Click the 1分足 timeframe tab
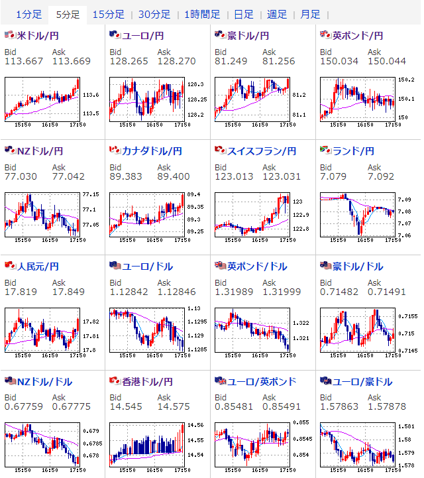coord(28,14)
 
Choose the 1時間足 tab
coord(202,14)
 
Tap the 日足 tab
coord(243,14)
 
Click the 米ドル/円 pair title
coord(39,35)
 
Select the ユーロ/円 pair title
coord(142,35)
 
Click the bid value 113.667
coord(19,62)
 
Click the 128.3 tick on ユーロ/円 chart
coord(195,84)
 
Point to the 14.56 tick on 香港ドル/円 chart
coord(195,426)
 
